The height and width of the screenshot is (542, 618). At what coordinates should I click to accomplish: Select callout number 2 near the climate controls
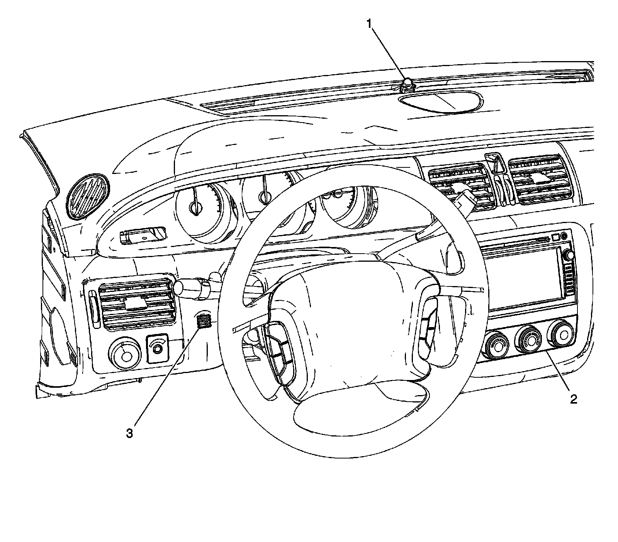click(573, 399)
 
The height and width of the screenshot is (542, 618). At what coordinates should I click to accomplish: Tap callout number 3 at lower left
click(130, 433)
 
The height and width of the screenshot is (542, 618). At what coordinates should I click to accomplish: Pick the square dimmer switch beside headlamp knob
click(158, 347)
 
